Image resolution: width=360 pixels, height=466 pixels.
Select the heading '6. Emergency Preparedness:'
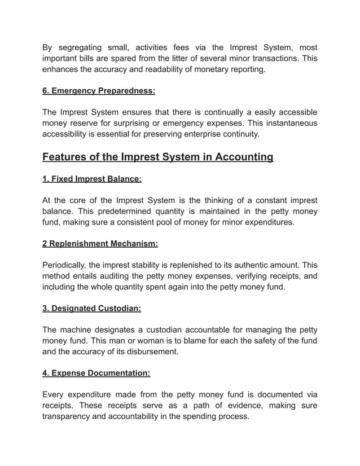click(x=99, y=90)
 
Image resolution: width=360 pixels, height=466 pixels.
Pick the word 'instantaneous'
click(x=289, y=123)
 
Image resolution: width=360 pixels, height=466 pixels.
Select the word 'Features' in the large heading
click(x=67, y=156)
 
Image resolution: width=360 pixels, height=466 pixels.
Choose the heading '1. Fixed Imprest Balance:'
click(x=92, y=179)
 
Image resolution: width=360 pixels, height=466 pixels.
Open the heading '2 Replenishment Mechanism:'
click(x=100, y=244)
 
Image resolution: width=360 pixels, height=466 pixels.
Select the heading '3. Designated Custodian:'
click(x=91, y=309)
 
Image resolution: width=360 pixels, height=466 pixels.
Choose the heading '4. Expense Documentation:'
click(x=96, y=373)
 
